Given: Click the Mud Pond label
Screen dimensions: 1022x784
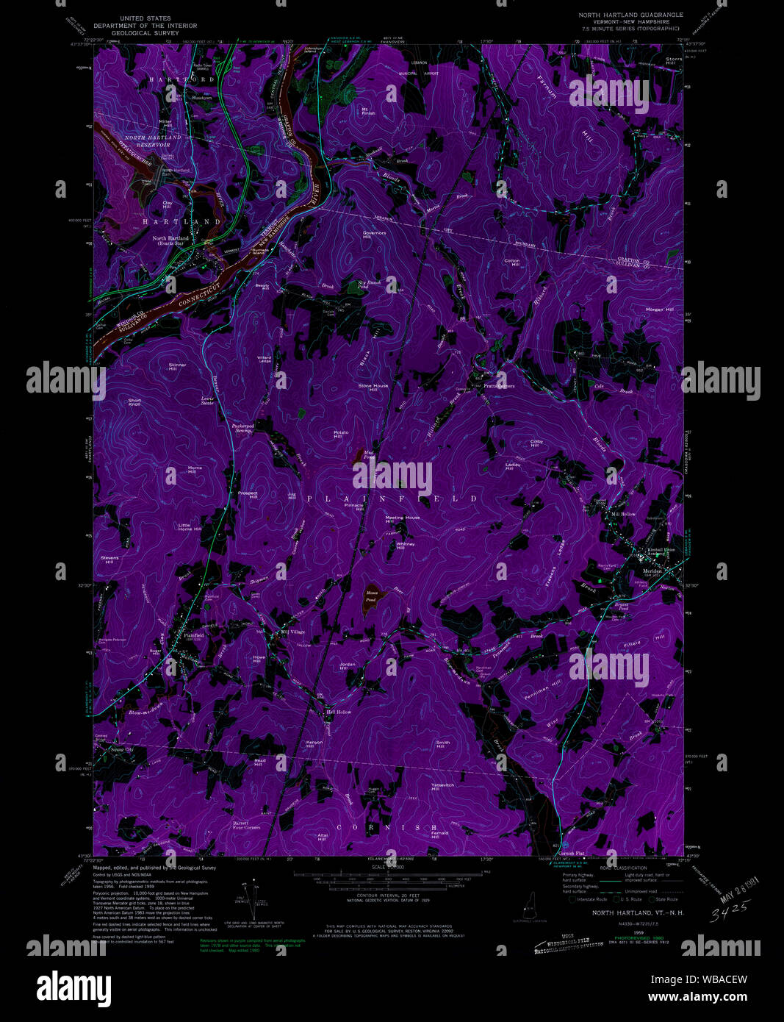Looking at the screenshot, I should (x=369, y=455).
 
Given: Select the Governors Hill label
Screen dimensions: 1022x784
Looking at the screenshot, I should (x=374, y=235).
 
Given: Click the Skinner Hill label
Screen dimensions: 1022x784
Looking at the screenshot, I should (x=177, y=366).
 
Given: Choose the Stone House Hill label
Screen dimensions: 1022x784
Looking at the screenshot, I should (x=373, y=387).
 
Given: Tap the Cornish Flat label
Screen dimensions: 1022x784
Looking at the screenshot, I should (x=571, y=854).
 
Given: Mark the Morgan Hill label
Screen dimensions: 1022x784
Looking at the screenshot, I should (x=658, y=310).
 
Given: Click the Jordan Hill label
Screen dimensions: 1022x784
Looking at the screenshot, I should (x=348, y=666).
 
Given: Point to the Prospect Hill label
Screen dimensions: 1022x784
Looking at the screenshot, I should (x=248, y=495).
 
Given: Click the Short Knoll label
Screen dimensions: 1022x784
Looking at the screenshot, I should (x=134, y=402).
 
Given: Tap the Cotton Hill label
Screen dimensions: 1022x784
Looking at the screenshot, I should (x=511, y=262).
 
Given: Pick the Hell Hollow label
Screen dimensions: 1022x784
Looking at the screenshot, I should (x=339, y=712).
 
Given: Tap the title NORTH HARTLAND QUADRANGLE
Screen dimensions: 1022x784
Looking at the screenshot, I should (x=630, y=15).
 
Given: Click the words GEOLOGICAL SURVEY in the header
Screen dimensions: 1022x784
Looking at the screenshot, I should (x=141, y=33).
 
